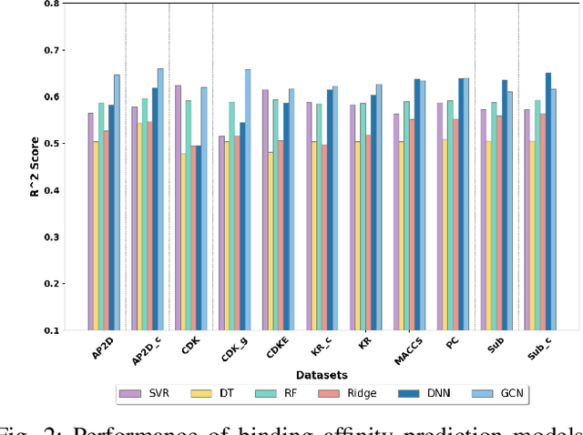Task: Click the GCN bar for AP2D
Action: click(x=117, y=202)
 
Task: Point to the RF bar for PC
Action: click(x=450, y=216)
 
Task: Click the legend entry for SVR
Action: click(x=146, y=394)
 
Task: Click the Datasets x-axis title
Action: click(x=321, y=374)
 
